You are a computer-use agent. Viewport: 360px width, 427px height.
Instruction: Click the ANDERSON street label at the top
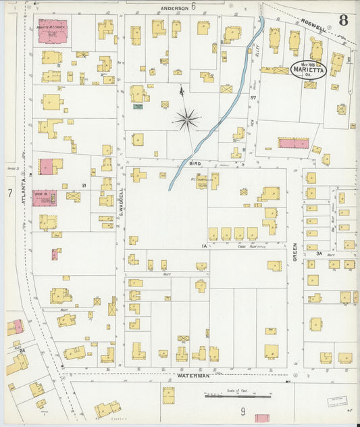pos(174,7)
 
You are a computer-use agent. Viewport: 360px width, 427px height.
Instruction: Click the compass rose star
pos(186,120)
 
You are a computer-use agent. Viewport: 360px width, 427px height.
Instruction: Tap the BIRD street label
pos(195,164)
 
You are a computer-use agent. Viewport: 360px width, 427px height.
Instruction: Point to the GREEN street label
pos(295,253)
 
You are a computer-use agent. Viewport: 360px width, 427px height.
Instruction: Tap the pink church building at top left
pos(52,31)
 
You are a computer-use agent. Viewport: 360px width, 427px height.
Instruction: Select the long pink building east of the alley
pos(293,143)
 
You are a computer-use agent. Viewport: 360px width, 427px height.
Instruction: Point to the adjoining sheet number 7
pos(10,193)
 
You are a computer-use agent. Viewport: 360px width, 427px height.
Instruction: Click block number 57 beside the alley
pos(254,99)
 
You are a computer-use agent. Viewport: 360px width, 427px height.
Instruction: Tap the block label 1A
pos(203,247)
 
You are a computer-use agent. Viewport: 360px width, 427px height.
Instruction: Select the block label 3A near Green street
pos(310,253)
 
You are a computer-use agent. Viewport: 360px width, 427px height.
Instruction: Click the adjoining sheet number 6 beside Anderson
pos(193,7)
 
